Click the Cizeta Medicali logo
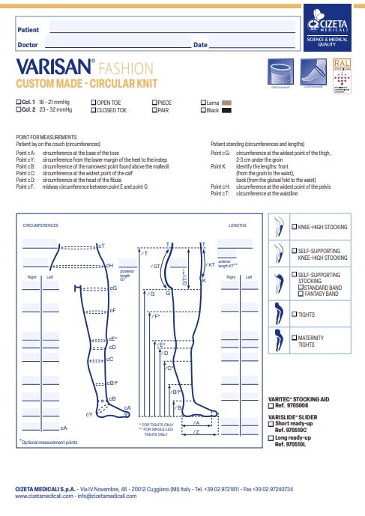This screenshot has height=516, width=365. click(x=328, y=25)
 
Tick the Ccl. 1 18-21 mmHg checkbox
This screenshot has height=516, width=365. click(x=19, y=101)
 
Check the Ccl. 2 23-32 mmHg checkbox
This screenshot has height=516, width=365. click(x=19, y=109)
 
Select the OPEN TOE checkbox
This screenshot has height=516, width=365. click(x=93, y=101)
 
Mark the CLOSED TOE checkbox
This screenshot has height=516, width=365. click(x=93, y=109)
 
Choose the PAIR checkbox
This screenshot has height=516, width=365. click(x=154, y=109)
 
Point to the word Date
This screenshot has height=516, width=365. click(x=199, y=46)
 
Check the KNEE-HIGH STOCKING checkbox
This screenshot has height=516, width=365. click(x=293, y=226)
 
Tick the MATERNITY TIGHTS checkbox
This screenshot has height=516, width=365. click(x=293, y=339)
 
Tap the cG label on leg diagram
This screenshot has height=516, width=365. click(x=113, y=288)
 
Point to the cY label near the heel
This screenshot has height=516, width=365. click(x=89, y=413)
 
